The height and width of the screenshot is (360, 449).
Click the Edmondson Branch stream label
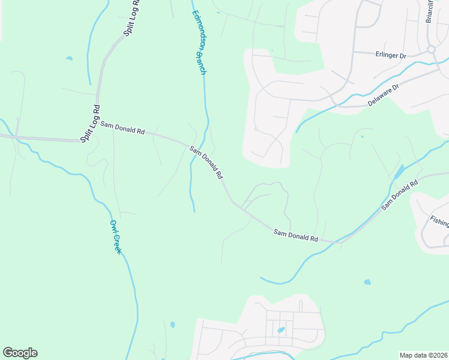pyautogui.click(x=199, y=43)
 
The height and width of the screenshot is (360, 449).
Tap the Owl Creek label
pyautogui.click(x=115, y=236)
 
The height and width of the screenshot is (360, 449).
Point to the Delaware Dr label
pyautogui.click(x=384, y=95)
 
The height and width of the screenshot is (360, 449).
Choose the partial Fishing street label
pyautogui.click(x=439, y=221)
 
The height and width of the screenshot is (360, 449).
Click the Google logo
pyautogui.click(x=20, y=353)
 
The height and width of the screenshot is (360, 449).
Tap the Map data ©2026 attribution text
pyautogui.click(x=423, y=355)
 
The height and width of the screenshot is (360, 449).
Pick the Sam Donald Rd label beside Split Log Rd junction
pyautogui.click(x=122, y=128)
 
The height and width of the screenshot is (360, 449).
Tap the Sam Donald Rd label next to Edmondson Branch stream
pyautogui.click(x=206, y=163)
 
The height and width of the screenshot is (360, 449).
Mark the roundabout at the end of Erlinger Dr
pyautogui.click(x=431, y=49)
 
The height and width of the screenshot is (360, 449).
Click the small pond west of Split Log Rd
pyautogui.click(x=70, y=59)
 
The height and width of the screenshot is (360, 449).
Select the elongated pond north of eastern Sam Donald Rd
pyautogui.click(x=397, y=172)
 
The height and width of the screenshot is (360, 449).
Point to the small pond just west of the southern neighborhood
pyautogui.click(x=172, y=325)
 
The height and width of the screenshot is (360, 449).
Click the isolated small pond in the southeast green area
pyautogui.click(x=367, y=281)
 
